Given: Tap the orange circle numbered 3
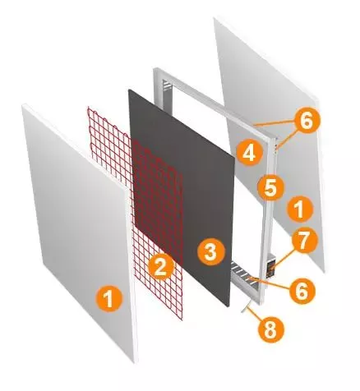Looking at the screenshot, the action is pos(211,251).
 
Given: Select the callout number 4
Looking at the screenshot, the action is pos(249,152).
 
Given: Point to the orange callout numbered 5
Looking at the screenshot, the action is pos(270,187).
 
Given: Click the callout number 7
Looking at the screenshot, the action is pos(303,241).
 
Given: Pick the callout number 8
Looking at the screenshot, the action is pos(270,329).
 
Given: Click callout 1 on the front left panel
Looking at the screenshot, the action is pos(109,298).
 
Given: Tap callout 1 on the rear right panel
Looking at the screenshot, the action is pos(299,209).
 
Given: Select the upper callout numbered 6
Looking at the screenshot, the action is pos(307,120).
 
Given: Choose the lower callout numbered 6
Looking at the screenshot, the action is pos(302,291).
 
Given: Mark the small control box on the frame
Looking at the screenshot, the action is pos(270,266).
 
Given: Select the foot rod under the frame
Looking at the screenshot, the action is pos(246,306).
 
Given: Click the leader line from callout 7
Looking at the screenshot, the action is pos(283,258).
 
